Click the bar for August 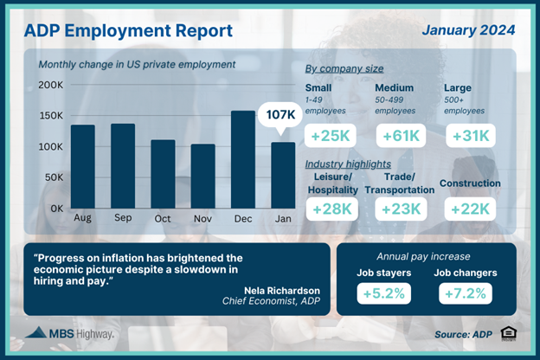click(x=83, y=166)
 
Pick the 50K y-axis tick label click(x=55, y=177)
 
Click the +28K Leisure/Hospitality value click(x=328, y=209)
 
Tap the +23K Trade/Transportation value click(x=399, y=209)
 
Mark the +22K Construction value click(x=470, y=209)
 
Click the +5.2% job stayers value click(x=383, y=293)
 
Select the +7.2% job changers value click(x=468, y=293)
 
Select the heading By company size click(x=345, y=68)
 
